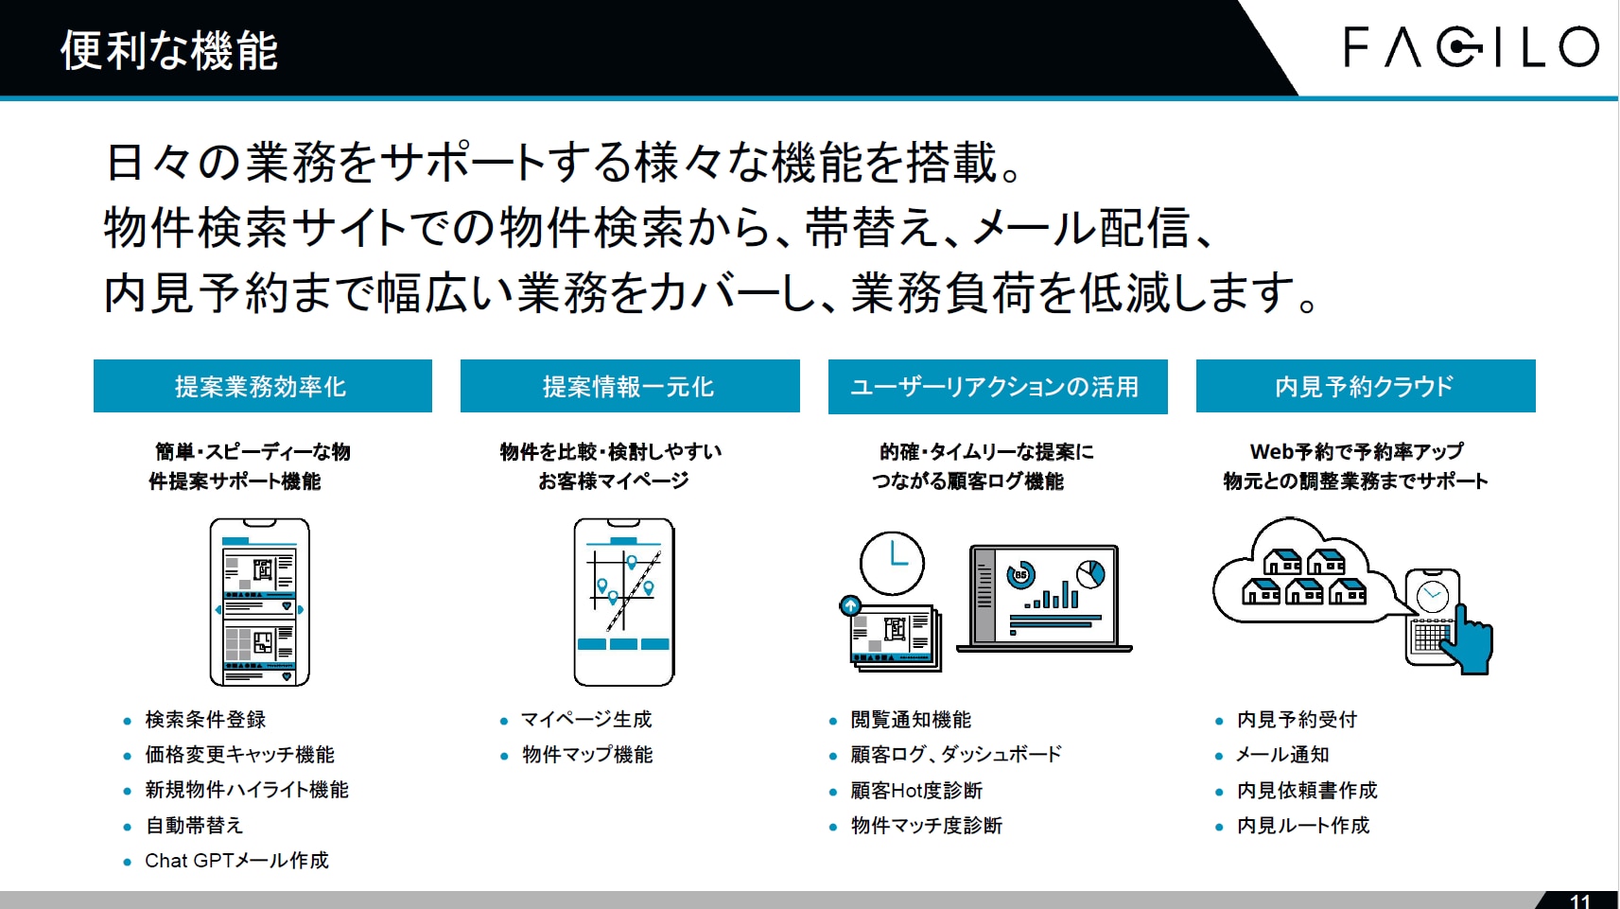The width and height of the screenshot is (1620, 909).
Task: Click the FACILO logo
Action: [x=1471, y=47]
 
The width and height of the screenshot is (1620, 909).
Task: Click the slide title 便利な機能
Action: [x=169, y=51]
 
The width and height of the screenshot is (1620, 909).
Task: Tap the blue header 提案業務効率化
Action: [x=263, y=386]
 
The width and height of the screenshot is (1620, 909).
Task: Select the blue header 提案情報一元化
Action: [x=630, y=386]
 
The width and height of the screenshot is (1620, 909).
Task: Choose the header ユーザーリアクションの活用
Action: [x=998, y=387]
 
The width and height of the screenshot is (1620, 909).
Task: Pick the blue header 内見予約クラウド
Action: [x=1366, y=386]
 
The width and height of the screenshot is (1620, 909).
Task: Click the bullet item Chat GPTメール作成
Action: [x=236, y=861]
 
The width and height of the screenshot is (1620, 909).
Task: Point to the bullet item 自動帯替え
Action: [x=194, y=825]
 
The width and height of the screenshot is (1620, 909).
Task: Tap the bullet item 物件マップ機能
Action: [x=587, y=755]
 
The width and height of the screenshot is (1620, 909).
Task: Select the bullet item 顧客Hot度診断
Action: [x=916, y=791]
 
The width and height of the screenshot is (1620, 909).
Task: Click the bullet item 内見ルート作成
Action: [x=1303, y=825]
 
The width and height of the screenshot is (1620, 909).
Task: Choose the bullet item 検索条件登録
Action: [x=205, y=720]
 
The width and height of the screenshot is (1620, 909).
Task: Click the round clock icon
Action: [x=892, y=564]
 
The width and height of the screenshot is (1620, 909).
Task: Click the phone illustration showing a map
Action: [x=624, y=602]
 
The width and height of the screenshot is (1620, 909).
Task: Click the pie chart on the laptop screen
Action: [x=1090, y=574]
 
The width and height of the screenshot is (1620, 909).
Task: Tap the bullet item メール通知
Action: [x=1283, y=755]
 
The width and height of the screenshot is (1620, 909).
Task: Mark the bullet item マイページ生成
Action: [x=586, y=720]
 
